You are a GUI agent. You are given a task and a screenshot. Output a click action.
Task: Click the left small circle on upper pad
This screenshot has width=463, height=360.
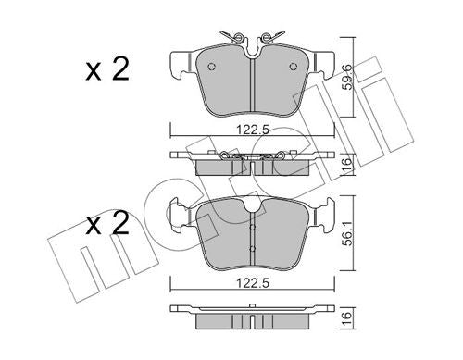pyautogui.click(x=212, y=67)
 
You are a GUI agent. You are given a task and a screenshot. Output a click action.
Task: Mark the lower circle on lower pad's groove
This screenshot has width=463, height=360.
pyautogui.click(x=253, y=247)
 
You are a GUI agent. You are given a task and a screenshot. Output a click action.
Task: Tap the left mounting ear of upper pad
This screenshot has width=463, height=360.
pyautogui.click(x=177, y=65)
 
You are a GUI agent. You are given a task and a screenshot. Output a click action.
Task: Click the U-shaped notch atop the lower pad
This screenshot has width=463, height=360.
pyautogui.click(x=254, y=205)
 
